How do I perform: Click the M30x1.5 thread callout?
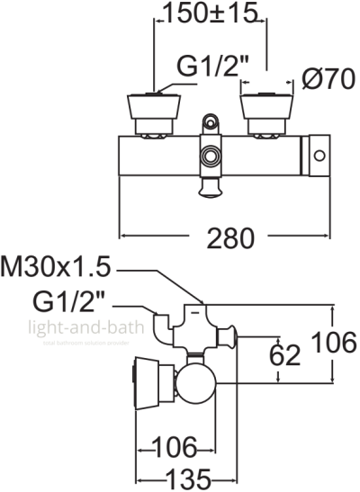(57, 267)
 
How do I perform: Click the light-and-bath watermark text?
(86, 329)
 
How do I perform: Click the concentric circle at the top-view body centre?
(211, 155)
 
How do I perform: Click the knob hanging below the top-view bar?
(210, 185)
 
